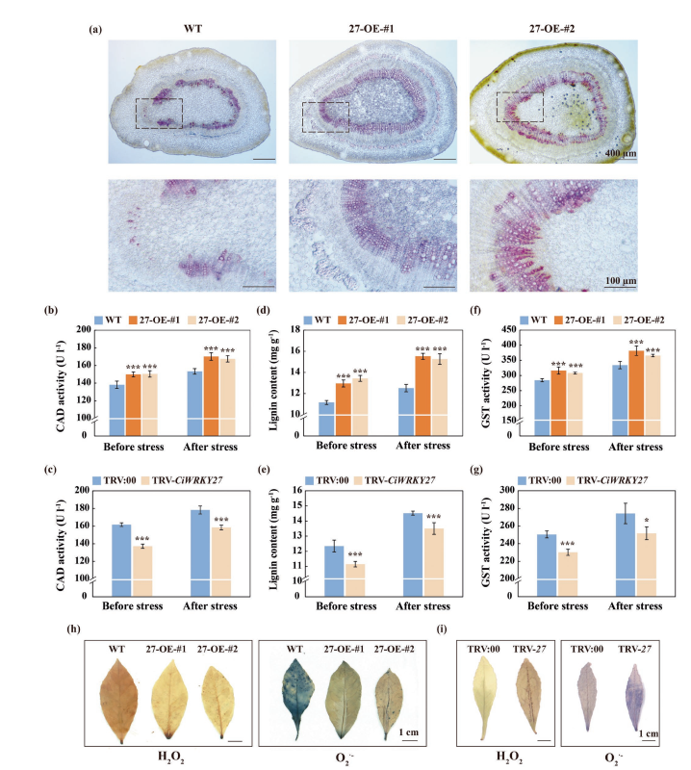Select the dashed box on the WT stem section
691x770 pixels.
pyautogui.click(x=159, y=113)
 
